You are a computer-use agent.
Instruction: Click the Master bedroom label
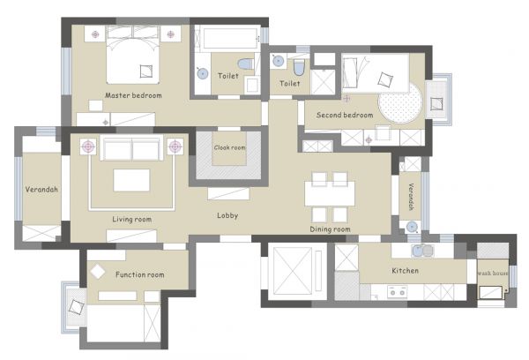tap(133, 95)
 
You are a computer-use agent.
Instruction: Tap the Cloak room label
tap(230, 147)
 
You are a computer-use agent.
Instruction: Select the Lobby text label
tap(227, 215)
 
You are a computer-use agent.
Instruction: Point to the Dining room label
tap(330, 229)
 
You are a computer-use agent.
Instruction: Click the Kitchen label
tap(406, 271)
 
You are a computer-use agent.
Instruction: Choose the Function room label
tap(140, 274)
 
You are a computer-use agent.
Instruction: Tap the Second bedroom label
tap(345, 116)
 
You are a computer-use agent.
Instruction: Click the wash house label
tap(493, 273)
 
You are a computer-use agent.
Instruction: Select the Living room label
tap(132, 220)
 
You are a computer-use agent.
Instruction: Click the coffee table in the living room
tap(131, 180)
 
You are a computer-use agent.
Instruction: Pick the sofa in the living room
tap(131, 148)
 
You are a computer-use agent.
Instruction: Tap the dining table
tap(330, 193)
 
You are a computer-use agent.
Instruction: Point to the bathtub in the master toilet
tap(230, 38)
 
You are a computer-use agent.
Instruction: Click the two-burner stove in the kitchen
tap(397, 292)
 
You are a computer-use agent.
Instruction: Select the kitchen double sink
tap(422, 251)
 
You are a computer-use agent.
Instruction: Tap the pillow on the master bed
tap(146, 71)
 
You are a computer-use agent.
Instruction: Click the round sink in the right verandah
tap(412, 227)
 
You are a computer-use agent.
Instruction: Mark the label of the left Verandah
tap(41, 190)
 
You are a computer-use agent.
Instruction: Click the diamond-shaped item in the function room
tap(98, 272)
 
